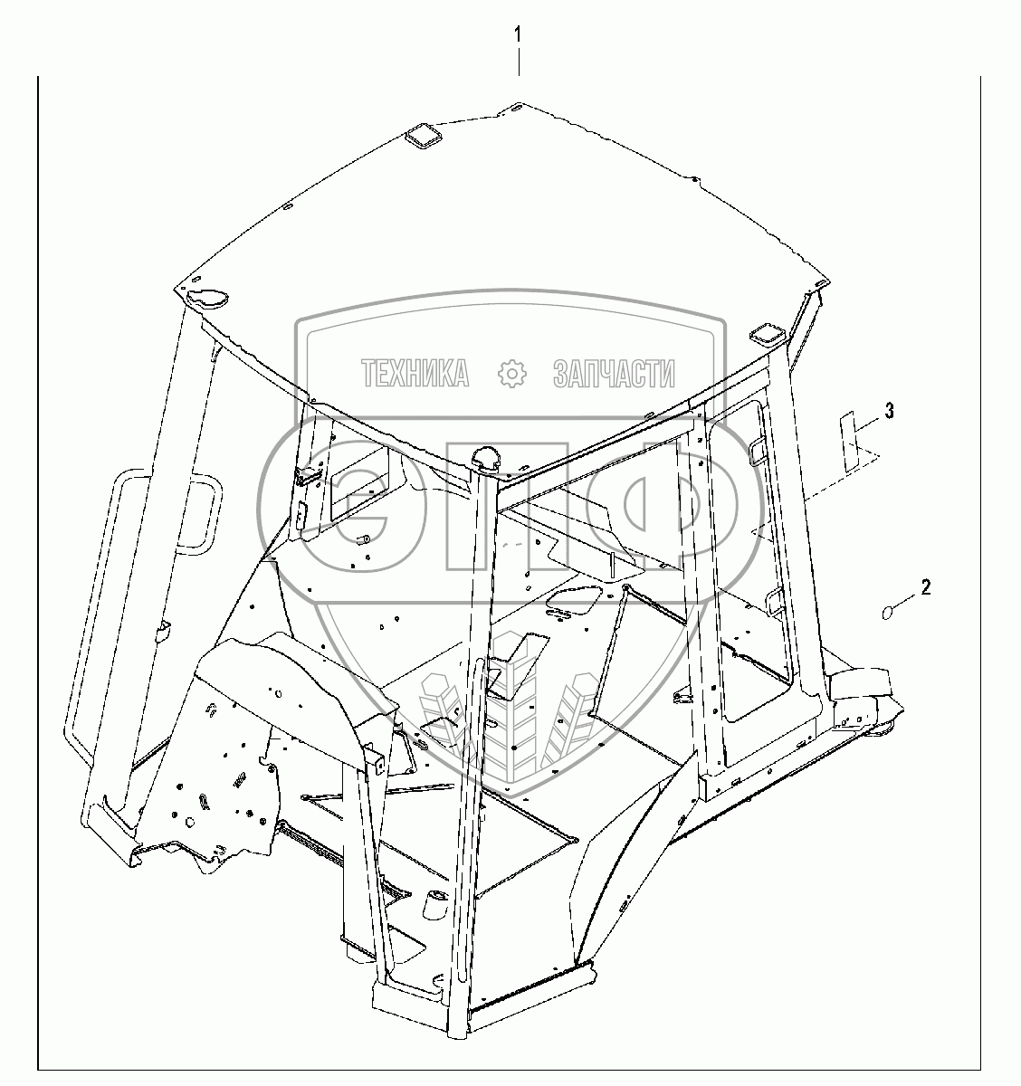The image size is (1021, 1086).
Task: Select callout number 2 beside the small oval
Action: click(x=925, y=587)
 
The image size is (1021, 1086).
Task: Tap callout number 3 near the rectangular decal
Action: click(x=889, y=412)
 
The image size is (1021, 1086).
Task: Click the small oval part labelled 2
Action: click(x=888, y=614)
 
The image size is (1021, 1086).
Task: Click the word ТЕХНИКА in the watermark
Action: click(x=415, y=373)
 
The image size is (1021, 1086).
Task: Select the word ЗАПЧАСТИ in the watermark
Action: click(x=613, y=373)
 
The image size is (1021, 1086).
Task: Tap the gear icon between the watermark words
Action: click(x=512, y=373)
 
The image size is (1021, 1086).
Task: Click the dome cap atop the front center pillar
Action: click(x=487, y=459)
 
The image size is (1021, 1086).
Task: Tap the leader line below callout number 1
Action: click(x=518, y=62)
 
